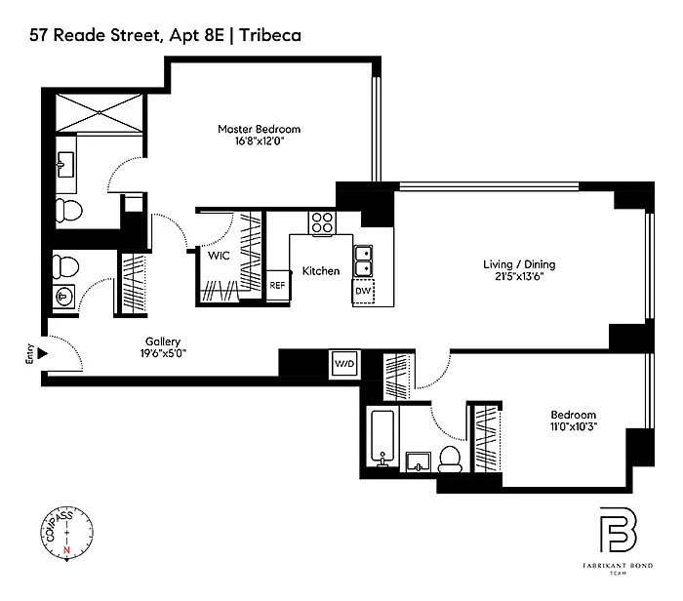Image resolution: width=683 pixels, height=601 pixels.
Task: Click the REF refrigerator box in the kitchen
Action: (x=277, y=285)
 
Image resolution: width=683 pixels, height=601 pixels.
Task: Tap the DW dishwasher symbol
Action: (x=363, y=292)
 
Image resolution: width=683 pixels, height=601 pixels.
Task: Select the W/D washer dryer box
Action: (x=344, y=363)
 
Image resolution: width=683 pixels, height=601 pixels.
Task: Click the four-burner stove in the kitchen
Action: (x=322, y=223)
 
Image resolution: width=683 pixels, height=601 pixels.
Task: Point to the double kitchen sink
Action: (x=363, y=260)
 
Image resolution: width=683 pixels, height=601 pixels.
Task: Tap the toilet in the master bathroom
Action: (x=69, y=211)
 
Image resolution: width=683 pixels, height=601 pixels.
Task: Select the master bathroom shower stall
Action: (x=100, y=112)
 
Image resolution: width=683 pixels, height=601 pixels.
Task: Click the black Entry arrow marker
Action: (x=42, y=353)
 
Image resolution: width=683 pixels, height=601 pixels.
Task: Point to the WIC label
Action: (x=219, y=256)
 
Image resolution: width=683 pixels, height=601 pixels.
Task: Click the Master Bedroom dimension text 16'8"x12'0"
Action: (x=260, y=140)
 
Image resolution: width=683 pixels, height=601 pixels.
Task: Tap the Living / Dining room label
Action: (x=519, y=264)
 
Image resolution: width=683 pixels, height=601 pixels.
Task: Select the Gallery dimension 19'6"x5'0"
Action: (x=163, y=353)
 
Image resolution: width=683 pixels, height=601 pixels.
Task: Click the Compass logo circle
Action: (x=67, y=532)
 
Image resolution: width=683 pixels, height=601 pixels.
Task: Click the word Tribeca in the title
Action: (x=270, y=35)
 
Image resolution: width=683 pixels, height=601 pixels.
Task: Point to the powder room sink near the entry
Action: (x=63, y=297)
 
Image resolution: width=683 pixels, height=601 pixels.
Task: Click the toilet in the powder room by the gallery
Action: (x=65, y=266)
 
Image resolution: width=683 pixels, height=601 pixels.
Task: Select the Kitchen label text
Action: (x=321, y=271)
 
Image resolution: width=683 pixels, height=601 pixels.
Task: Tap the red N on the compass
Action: (x=66, y=549)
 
